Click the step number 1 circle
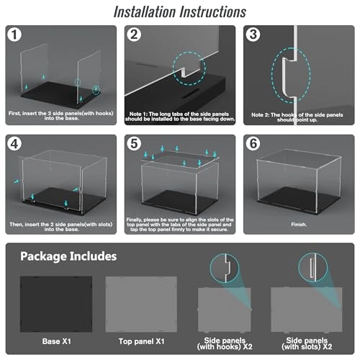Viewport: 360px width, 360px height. point(14,35)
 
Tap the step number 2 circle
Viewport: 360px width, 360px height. point(134,35)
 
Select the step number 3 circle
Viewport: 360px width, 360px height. point(253,35)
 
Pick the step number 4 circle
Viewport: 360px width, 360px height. point(14,144)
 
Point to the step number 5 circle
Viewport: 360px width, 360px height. point(134,144)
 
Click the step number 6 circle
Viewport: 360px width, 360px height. point(253,144)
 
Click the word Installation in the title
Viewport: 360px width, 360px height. point(145,12)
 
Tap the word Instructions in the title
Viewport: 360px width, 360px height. point(213,12)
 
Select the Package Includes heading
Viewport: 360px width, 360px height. point(68,256)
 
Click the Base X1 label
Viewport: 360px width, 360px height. point(56,341)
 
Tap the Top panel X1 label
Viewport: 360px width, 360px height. point(141,341)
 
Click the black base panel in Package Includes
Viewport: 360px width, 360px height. point(56,305)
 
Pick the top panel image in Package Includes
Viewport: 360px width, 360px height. point(141,305)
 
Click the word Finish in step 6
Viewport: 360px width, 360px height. point(298,225)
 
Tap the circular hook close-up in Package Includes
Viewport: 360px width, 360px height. point(225,268)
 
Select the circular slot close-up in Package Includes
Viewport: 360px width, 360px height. point(313,267)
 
